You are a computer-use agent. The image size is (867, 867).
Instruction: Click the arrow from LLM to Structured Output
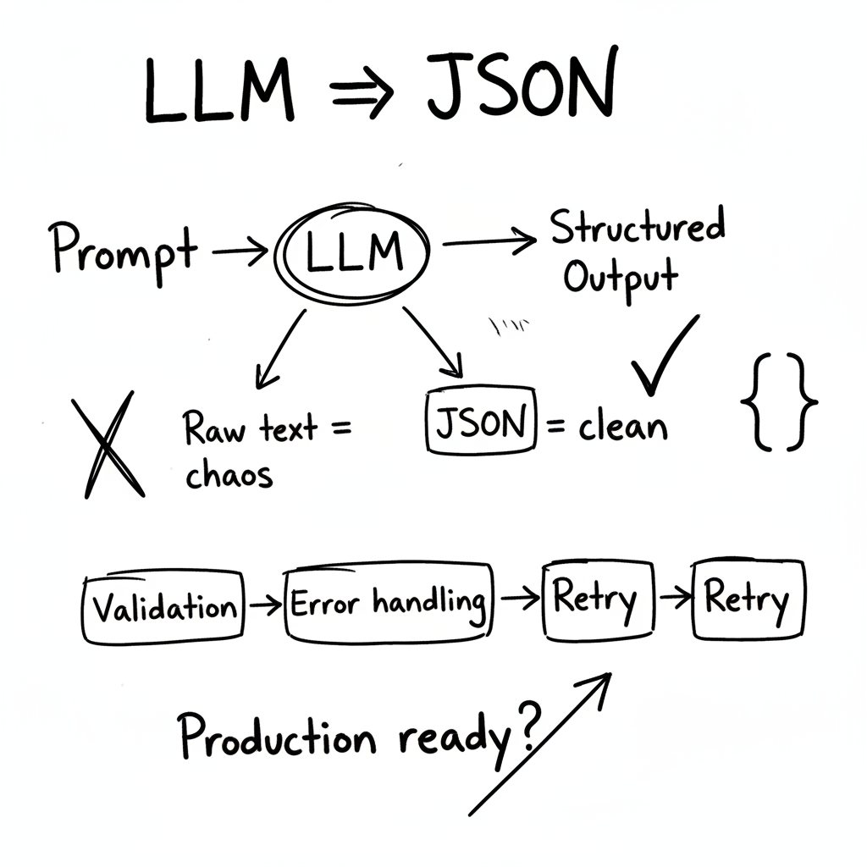[x=489, y=242]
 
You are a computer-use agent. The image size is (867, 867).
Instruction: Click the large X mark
[x=108, y=444]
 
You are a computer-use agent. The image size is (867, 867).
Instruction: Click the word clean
[x=623, y=426]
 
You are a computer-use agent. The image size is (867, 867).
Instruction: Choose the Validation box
[x=164, y=606]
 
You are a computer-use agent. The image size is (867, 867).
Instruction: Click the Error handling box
[x=389, y=603]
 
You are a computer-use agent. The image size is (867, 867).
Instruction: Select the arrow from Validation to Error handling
[x=266, y=605]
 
